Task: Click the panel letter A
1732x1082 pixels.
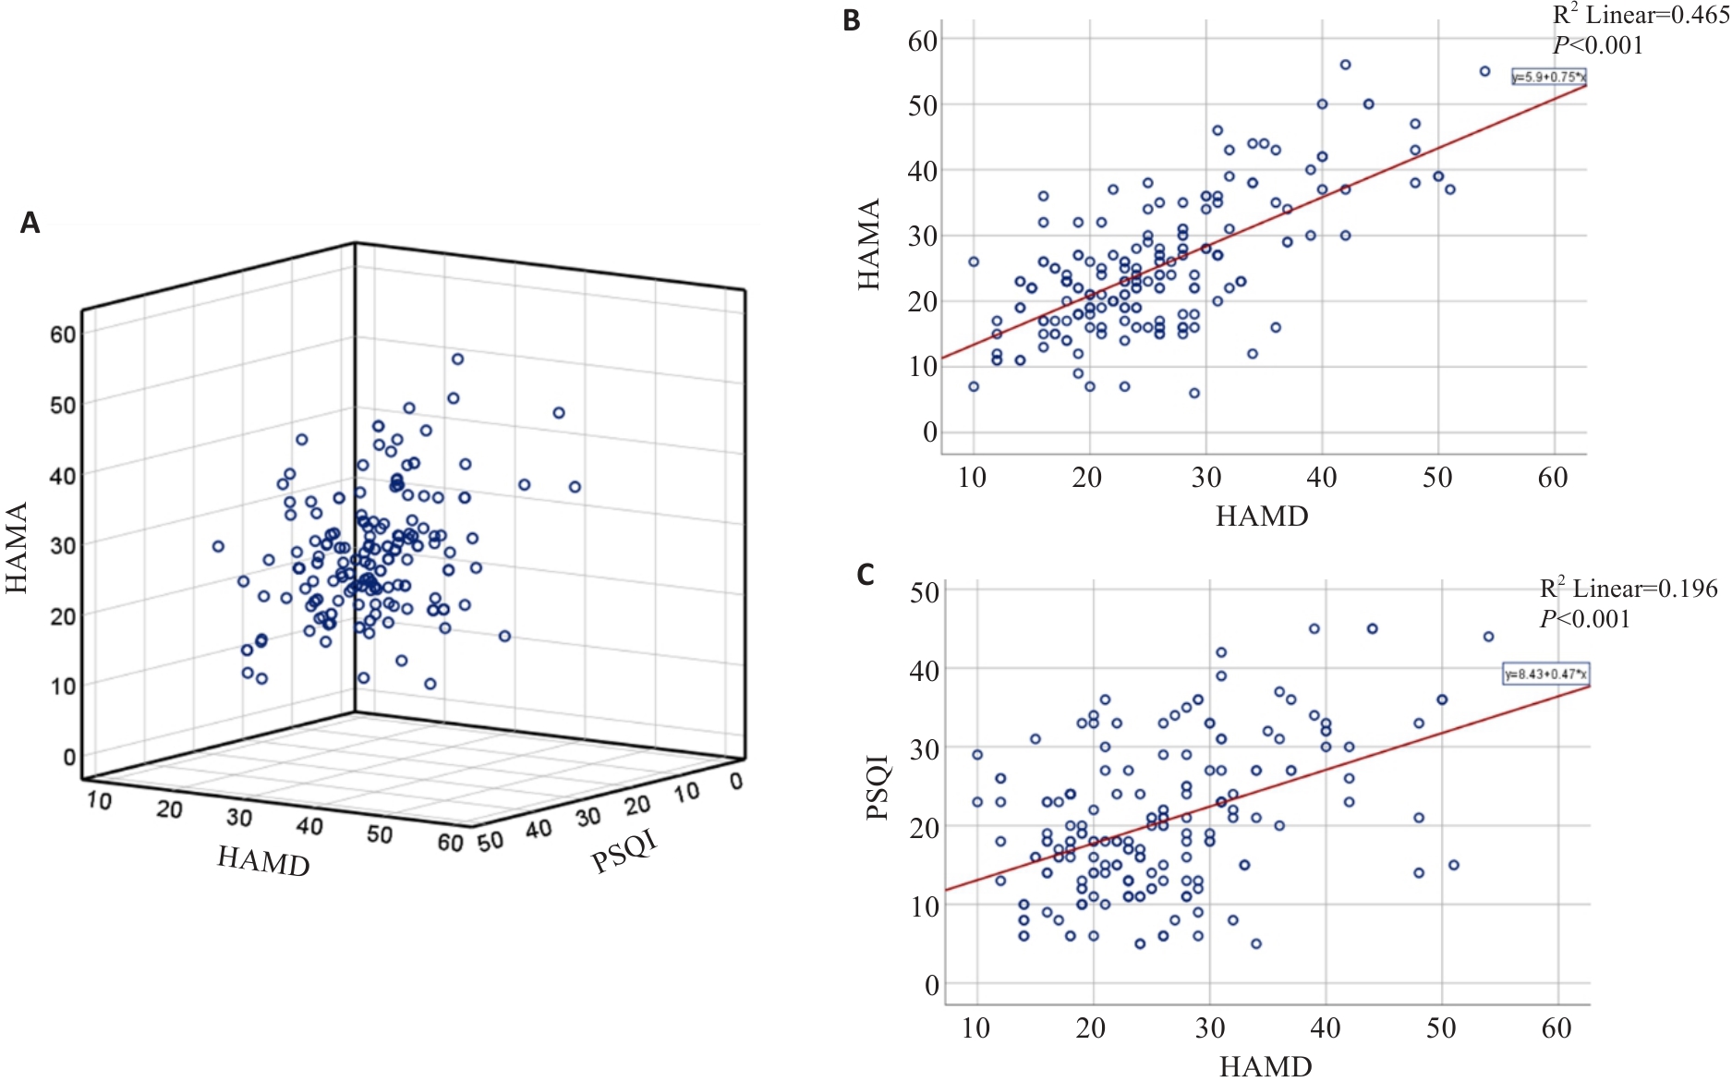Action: click(30, 223)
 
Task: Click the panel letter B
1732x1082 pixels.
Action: click(852, 20)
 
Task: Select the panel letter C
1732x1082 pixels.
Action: click(865, 575)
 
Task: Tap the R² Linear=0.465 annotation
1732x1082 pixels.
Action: click(1640, 16)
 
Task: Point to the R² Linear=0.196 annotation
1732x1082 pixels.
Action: click(1628, 589)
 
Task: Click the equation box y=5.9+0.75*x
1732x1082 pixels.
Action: click(1548, 78)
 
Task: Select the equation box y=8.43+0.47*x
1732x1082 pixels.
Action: click(1545, 675)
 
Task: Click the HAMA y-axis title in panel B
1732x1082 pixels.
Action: click(869, 245)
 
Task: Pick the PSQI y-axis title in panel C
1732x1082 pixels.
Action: click(878, 787)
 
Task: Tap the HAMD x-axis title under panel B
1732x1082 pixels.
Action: click(1262, 517)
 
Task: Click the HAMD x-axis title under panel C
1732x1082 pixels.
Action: click(1266, 1066)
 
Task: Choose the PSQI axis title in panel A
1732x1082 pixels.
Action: click(624, 851)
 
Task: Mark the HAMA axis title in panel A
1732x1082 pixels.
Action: click(17, 548)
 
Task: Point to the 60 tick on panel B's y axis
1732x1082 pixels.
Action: click(923, 41)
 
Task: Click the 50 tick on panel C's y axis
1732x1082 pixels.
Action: click(925, 591)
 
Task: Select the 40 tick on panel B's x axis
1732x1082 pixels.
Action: click(1321, 478)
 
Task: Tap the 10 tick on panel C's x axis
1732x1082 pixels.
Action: click(975, 1027)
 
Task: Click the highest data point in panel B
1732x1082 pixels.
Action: click(1345, 65)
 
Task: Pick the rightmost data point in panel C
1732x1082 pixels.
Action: click(1488, 637)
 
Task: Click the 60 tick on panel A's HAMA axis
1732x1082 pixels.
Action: click(63, 334)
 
